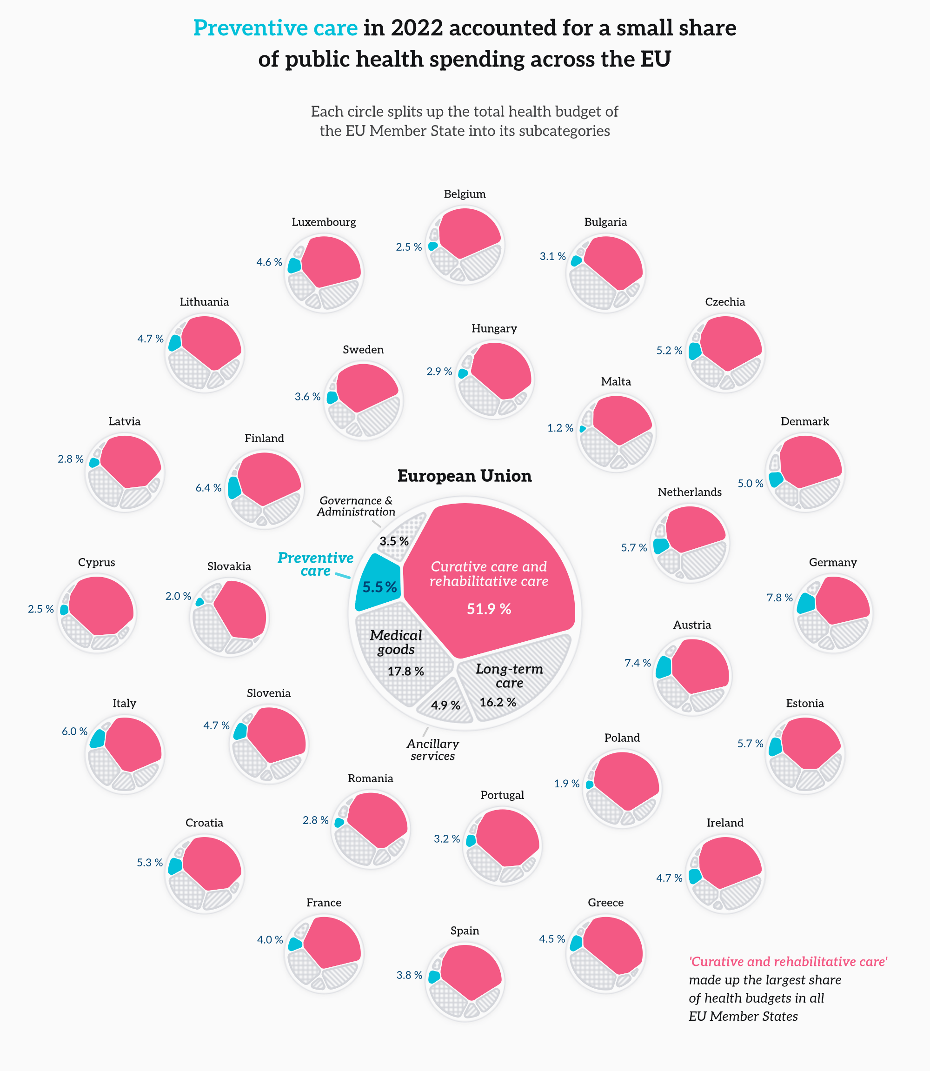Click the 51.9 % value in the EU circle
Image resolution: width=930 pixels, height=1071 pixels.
pyautogui.click(x=489, y=609)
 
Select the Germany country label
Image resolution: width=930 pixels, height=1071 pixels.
pyautogui.click(x=832, y=563)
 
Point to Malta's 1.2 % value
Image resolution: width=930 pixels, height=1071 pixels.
pyautogui.click(x=560, y=428)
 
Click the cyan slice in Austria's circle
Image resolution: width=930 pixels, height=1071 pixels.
pyautogui.click(x=663, y=667)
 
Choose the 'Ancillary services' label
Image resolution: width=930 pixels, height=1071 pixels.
pyautogui.click(x=433, y=750)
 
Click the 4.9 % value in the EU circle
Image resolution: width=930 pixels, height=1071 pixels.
pyautogui.click(x=445, y=705)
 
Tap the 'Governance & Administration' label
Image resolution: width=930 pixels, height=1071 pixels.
pyautogui.click(x=356, y=506)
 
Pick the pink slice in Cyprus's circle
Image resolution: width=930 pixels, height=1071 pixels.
pyautogui.click(x=101, y=605)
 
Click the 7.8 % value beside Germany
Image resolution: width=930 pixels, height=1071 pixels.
pyautogui.click(x=779, y=598)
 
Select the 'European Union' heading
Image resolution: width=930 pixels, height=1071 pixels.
pyautogui.click(x=465, y=476)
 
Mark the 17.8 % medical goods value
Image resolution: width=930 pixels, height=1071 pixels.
pyautogui.click(x=406, y=672)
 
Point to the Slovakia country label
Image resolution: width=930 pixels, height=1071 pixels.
pyautogui.click(x=229, y=566)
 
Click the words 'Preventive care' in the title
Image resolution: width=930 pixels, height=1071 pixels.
pyautogui.click(x=275, y=28)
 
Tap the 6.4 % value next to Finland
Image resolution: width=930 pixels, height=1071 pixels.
pyautogui.click(x=208, y=488)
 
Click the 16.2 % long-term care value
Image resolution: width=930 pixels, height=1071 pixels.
pyautogui.click(x=498, y=703)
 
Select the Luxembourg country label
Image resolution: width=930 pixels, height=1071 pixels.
pyautogui.click(x=324, y=222)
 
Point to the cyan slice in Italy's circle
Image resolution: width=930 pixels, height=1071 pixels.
pyautogui.click(x=98, y=738)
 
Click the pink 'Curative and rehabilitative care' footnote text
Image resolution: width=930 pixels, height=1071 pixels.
pyautogui.click(x=788, y=962)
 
